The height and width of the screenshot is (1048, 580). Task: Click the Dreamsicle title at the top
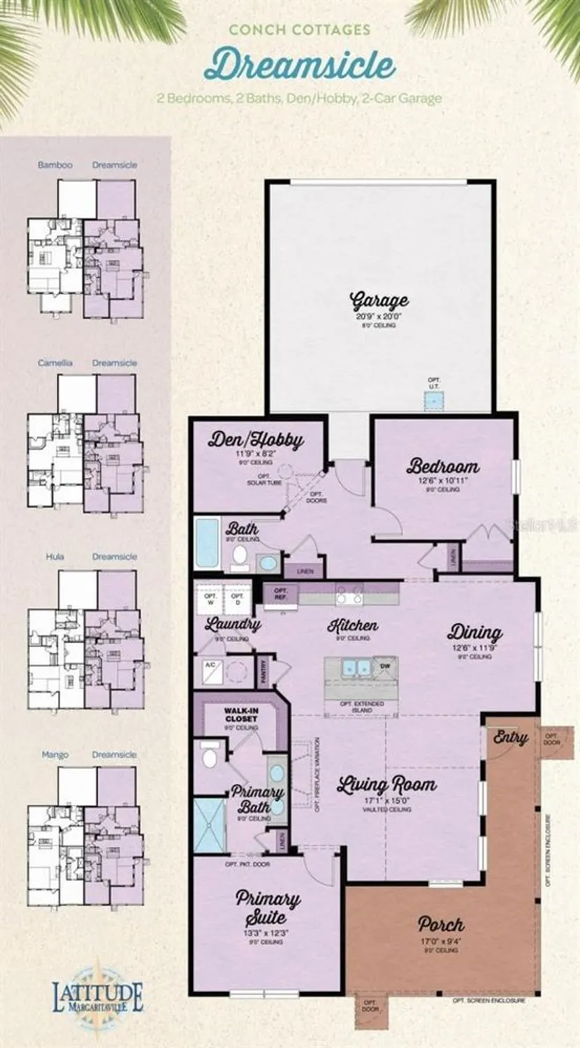299,65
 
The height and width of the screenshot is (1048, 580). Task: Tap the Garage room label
379,301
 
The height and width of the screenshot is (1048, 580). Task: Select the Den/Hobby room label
256,440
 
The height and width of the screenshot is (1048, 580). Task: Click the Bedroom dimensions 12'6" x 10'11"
443,480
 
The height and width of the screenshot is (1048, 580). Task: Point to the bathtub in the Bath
206,543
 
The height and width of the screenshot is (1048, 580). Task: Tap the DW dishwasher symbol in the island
384,667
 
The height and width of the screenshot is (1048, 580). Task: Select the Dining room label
474,633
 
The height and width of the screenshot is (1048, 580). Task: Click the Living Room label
386,785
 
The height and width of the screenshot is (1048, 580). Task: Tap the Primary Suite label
268,907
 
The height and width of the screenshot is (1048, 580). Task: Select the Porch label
440,924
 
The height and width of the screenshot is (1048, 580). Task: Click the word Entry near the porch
510,737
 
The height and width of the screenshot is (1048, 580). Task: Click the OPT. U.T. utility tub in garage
435,400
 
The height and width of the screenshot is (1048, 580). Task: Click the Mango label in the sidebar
55,755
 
